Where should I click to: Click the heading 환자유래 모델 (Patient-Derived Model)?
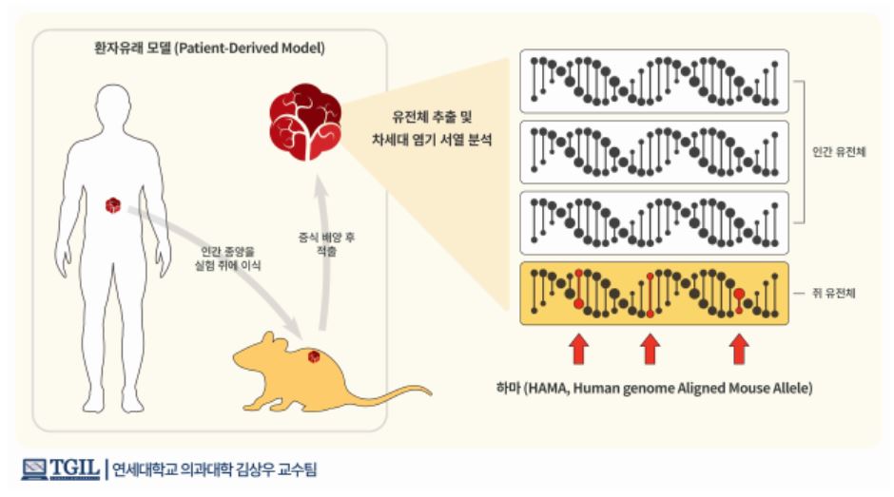click(209, 48)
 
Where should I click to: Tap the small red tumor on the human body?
click(113, 205)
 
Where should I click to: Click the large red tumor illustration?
click(305, 122)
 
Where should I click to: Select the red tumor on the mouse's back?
click(314, 356)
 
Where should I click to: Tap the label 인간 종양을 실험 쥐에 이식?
click(227, 258)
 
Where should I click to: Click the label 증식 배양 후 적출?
click(327, 244)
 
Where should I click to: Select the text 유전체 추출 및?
click(432, 118)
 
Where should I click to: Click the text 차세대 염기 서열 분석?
click(432, 141)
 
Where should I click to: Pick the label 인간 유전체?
click(839, 152)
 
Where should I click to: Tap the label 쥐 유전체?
click(833, 293)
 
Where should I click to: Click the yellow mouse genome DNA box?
click(654, 293)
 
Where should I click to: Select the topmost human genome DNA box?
click(654, 81)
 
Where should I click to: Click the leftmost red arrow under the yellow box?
click(578, 349)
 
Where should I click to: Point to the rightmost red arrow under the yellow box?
click(740, 349)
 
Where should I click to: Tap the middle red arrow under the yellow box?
click(650, 349)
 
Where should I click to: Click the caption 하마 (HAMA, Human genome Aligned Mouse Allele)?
click(654, 389)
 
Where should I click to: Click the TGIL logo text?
click(74, 468)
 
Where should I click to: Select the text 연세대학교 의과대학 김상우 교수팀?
click(214, 469)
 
